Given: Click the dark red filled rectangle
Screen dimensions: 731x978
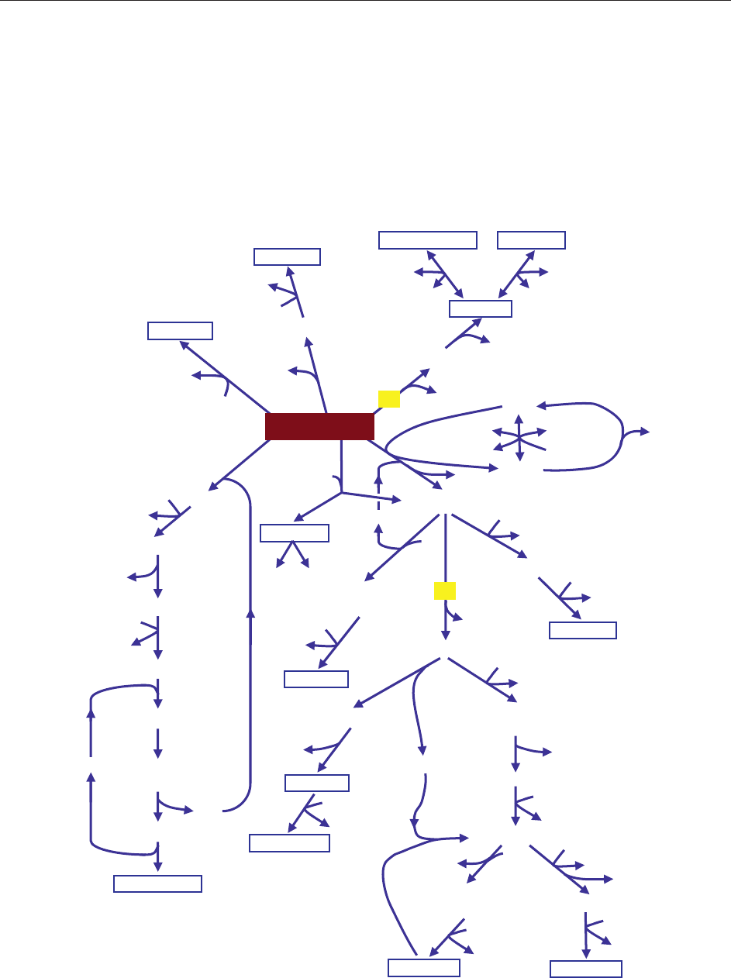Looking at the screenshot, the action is [x=319, y=427].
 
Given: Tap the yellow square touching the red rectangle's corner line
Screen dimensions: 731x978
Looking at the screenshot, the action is [x=388, y=398].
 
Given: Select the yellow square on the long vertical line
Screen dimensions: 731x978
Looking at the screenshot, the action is [x=444, y=591].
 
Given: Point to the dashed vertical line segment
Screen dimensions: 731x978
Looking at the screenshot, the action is [x=378, y=500].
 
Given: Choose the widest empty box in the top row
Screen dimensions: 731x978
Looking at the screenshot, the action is [x=427, y=240].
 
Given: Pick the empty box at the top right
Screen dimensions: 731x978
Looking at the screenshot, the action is [x=531, y=240].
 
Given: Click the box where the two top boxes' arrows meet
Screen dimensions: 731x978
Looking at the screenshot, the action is [x=481, y=308].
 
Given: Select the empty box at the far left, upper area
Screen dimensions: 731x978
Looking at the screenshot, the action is [x=180, y=330].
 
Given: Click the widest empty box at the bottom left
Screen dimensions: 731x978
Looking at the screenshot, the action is [x=158, y=883].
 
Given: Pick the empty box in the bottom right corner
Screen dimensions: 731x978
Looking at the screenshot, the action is [x=585, y=969].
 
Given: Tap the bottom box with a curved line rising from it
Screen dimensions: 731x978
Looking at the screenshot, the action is [x=423, y=968].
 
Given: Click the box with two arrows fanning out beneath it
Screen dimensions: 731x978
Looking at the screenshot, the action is [x=295, y=532].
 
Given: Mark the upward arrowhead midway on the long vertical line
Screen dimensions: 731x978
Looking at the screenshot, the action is [x=250, y=613].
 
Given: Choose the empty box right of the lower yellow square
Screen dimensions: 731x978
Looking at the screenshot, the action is [x=582, y=630].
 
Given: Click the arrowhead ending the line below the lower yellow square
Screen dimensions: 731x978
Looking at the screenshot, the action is [x=445, y=635].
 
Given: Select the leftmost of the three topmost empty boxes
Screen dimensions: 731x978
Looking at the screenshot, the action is [x=287, y=257].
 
